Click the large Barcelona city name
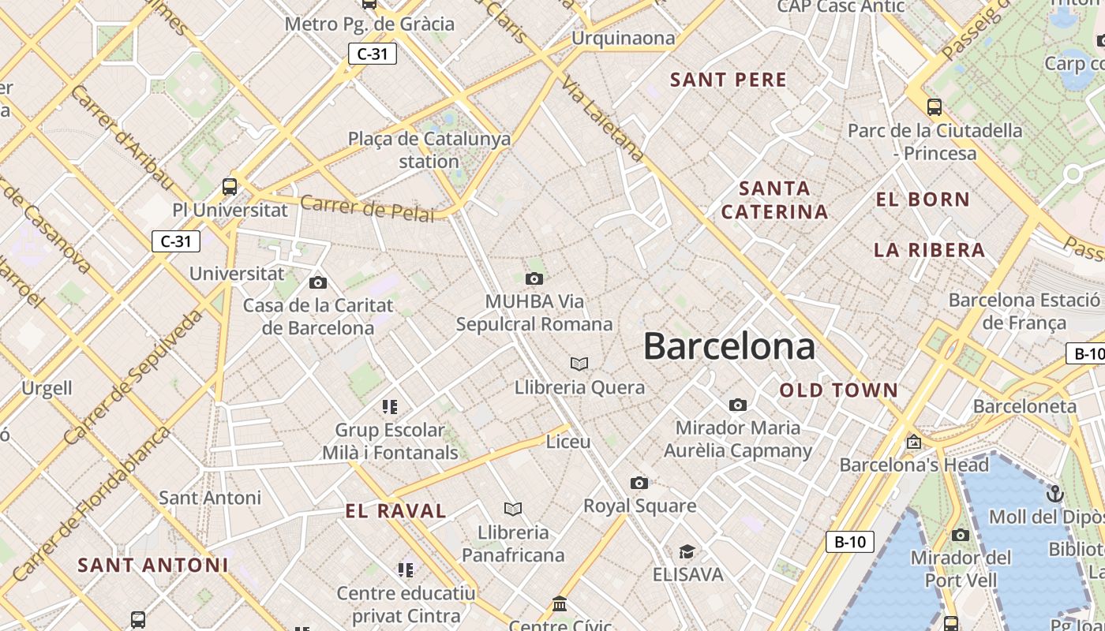pyautogui.click(x=729, y=346)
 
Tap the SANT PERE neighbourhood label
pyautogui.click(x=729, y=80)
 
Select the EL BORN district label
pyautogui.click(x=923, y=200)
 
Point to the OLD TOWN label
pyautogui.click(x=839, y=390)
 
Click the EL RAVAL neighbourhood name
pyautogui.click(x=396, y=510)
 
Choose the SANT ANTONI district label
pyautogui.click(x=153, y=565)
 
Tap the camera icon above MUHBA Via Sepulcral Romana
pyautogui.click(x=534, y=278)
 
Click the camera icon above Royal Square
pyautogui.click(x=639, y=483)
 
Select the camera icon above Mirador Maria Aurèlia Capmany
pyautogui.click(x=738, y=405)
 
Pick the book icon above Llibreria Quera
pyautogui.click(x=579, y=364)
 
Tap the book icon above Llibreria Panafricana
pyautogui.click(x=513, y=509)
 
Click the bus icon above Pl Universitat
pyautogui.click(x=230, y=187)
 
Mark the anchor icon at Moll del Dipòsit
pyautogui.click(x=1055, y=495)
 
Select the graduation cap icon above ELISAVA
pyautogui.click(x=687, y=551)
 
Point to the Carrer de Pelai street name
pyautogui.click(x=368, y=208)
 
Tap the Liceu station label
pyautogui.click(x=568, y=442)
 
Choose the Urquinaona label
pyautogui.click(x=624, y=38)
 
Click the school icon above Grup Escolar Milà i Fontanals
pyautogui.click(x=390, y=407)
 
